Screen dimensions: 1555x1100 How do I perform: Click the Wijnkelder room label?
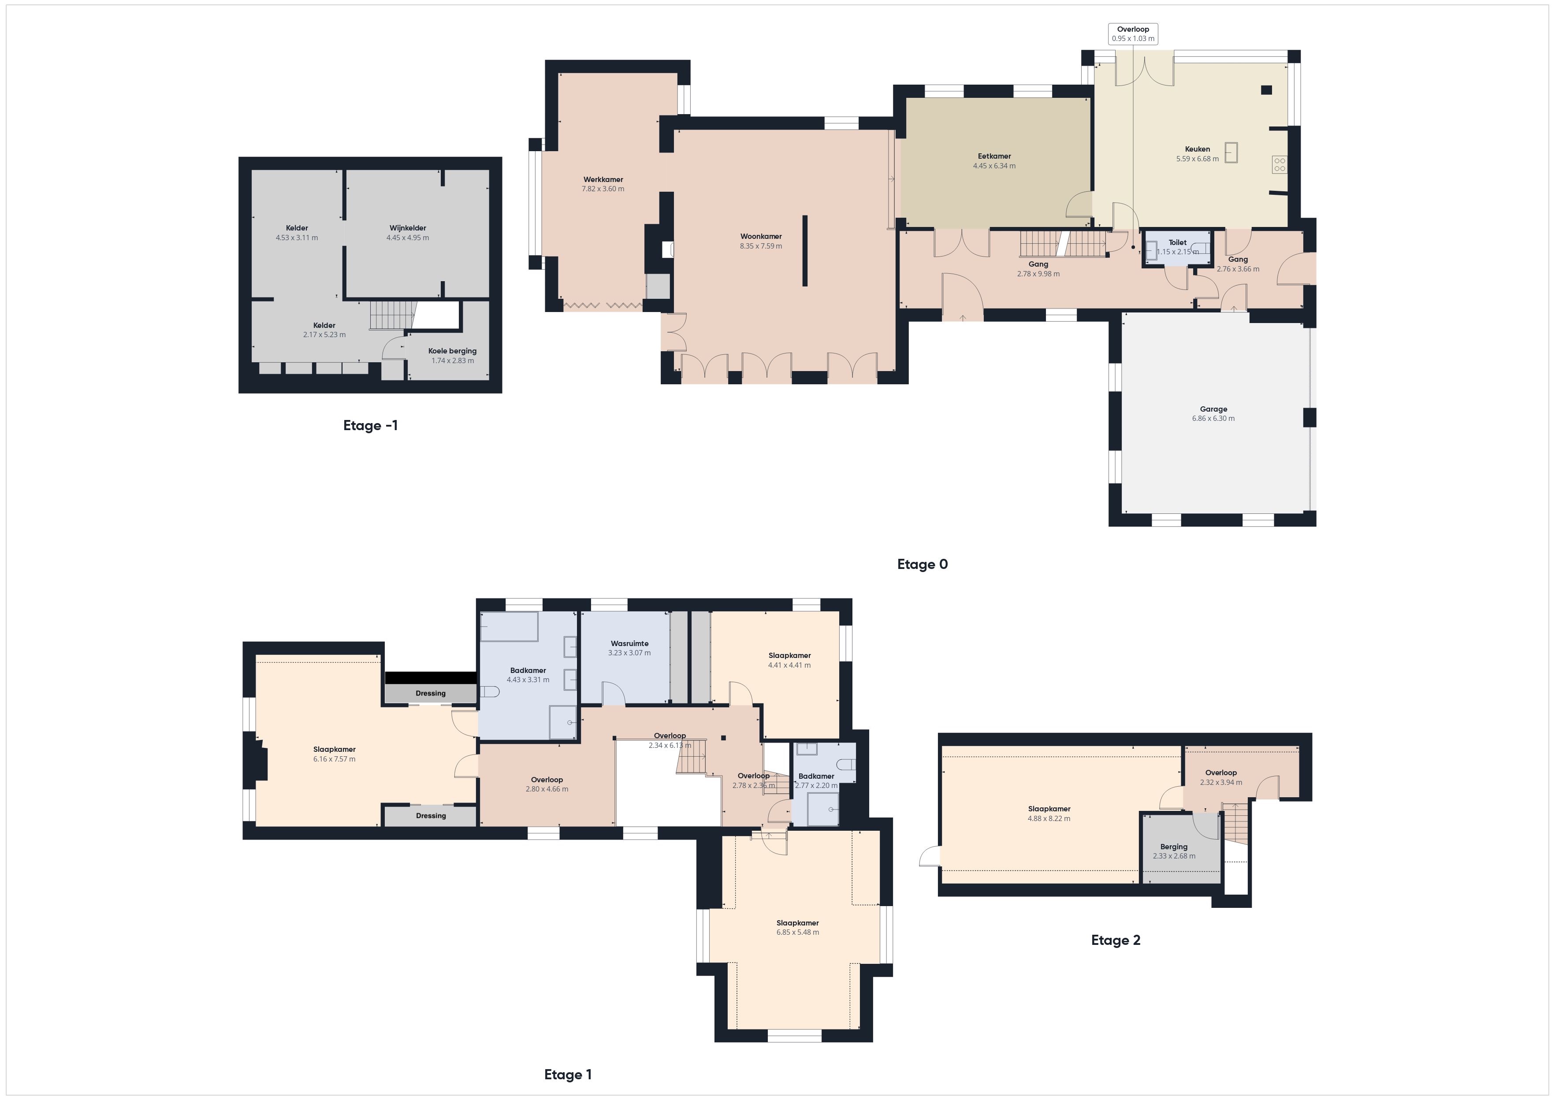[x=408, y=228]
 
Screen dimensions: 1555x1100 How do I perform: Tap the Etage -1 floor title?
[x=371, y=425]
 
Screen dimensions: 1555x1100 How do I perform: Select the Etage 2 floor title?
[x=1116, y=940]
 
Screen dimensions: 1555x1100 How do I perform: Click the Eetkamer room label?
[x=994, y=156]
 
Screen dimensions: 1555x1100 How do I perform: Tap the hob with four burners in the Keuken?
[x=1280, y=164]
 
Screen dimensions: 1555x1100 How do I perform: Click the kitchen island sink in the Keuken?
[x=1231, y=152]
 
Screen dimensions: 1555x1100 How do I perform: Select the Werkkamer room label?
[x=603, y=179]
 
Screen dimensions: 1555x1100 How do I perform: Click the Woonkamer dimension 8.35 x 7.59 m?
[x=761, y=246]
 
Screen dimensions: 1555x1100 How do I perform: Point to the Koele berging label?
[x=452, y=351]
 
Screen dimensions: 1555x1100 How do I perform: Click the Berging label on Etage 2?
[x=1174, y=847]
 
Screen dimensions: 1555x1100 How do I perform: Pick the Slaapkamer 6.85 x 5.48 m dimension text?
[x=798, y=932]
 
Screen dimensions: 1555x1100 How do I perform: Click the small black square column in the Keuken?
[x=1266, y=90]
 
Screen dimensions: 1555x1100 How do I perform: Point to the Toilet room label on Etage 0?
[x=1177, y=242]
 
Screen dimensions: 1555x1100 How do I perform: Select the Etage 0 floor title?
[x=923, y=564]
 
